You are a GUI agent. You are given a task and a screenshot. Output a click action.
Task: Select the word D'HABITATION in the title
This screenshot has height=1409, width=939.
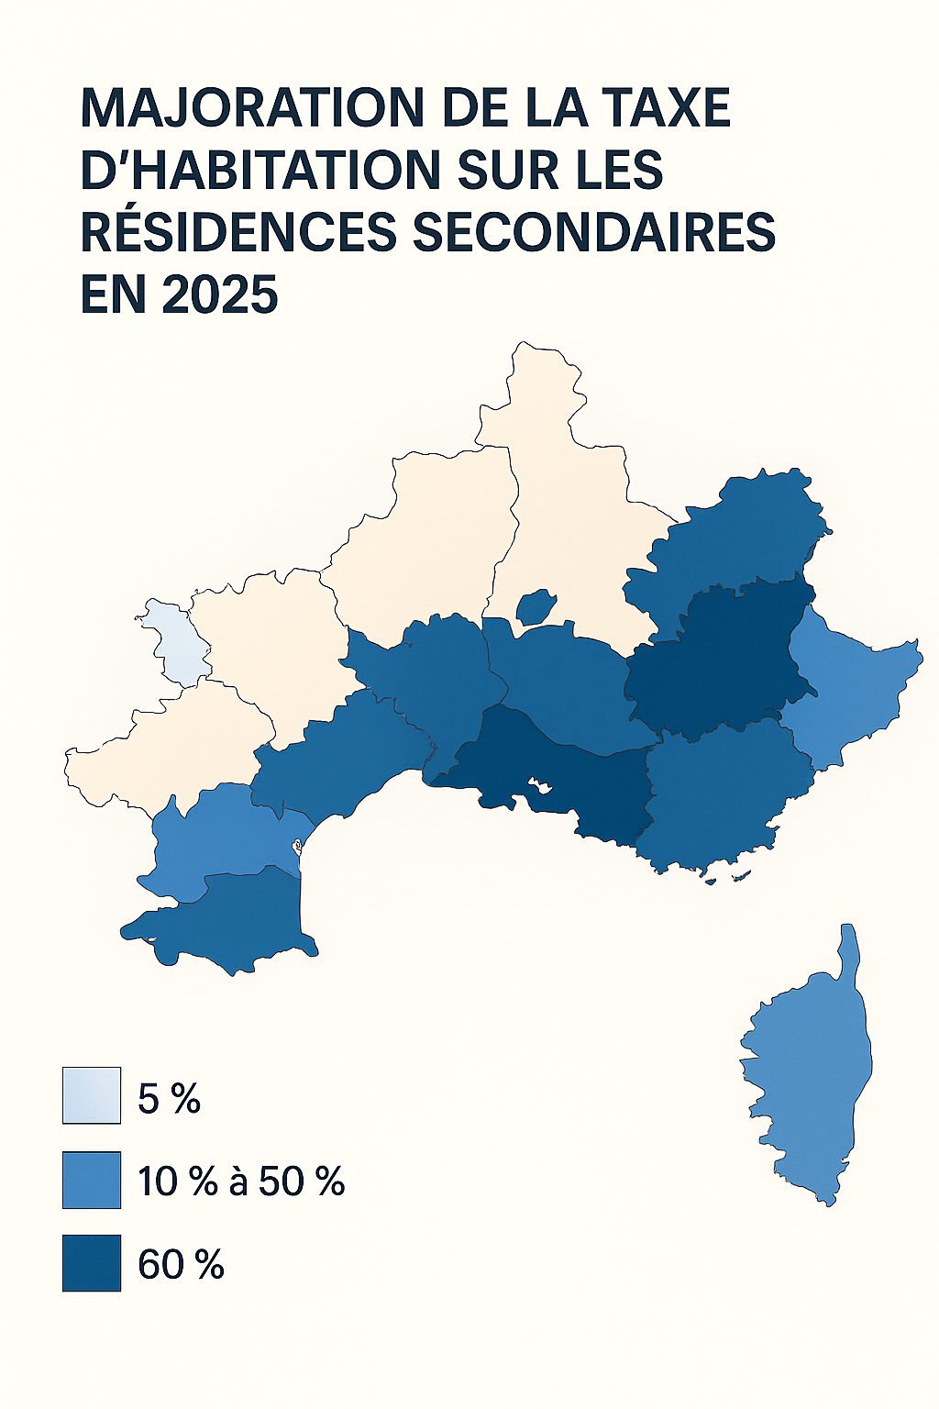(x=249, y=170)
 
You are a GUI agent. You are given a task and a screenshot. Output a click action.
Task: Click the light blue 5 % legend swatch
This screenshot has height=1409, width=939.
(x=92, y=1095)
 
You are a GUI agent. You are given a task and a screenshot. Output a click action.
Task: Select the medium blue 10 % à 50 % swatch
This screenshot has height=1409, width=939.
(x=92, y=1180)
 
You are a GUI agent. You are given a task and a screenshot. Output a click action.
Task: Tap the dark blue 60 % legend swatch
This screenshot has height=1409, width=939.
(x=92, y=1263)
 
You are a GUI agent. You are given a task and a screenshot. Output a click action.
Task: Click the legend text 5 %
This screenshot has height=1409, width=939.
(x=169, y=1098)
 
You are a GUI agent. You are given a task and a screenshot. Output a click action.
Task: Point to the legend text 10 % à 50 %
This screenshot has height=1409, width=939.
(x=241, y=1182)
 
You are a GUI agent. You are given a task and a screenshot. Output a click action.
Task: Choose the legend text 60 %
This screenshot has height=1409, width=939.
(x=181, y=1265)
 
